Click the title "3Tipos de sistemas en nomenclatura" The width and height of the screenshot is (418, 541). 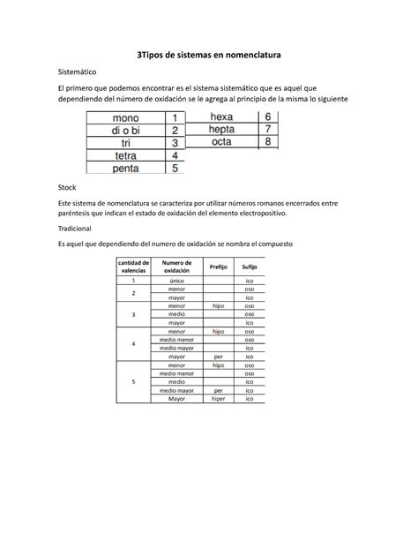[x=208, y=55]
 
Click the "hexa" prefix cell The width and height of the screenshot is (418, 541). [x=222, y=116]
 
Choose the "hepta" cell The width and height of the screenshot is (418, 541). [x=222, y=129]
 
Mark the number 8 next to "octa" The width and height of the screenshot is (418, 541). [x=268, y=141]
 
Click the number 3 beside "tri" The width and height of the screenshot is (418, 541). [x=175, y=142]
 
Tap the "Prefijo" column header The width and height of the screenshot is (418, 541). [x=218, y=267]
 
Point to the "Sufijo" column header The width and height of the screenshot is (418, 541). [x=250, y=267]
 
